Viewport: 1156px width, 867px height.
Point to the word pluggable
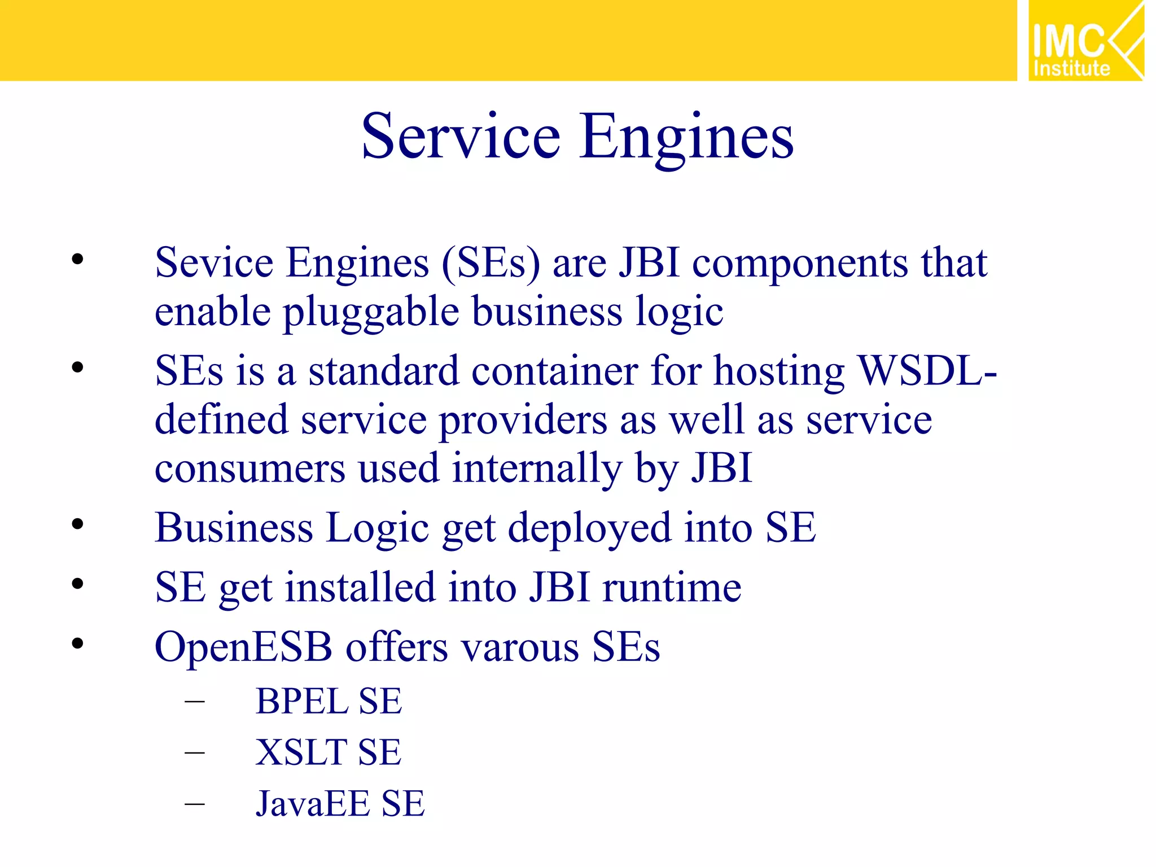click(x=371, y=312)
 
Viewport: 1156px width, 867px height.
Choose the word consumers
click(x=249, y=468)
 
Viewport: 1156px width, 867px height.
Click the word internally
click(x=537, y=468)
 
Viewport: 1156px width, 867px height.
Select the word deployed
click(x=589, y=528)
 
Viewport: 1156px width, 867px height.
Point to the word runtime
click(x=672, y=587)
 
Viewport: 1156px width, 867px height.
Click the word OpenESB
click(x=243, y=647)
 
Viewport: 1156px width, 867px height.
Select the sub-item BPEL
click(x=302, y=702)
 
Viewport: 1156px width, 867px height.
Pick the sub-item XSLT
click(x=301, y=752)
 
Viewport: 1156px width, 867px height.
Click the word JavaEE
click(x=313, y=803)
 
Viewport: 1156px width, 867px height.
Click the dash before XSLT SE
click(x=194, y=752)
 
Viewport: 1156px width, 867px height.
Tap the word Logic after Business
click(x=378, y=528)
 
